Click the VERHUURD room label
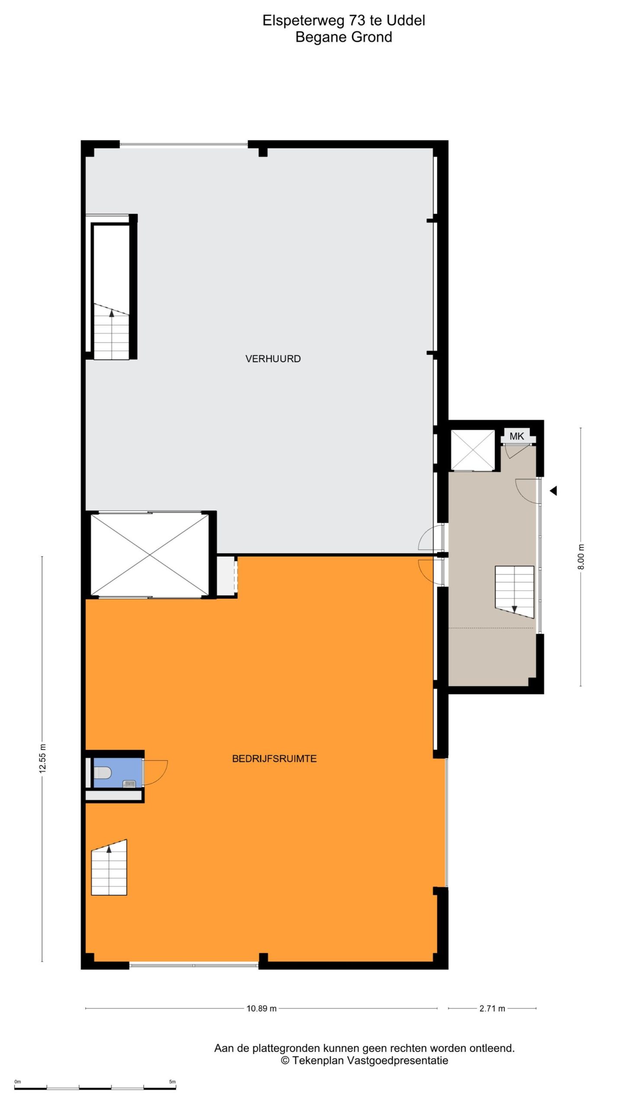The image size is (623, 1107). tap(273, 358)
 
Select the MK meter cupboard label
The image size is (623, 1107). tap(517, 436)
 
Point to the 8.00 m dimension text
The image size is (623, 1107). tap(581, 557)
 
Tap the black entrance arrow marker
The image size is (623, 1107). tap(553, 491)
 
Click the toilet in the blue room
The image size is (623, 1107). tap(103, 772)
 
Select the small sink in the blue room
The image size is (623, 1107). tap(129, 784)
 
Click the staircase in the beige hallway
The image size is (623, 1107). tap(514, 592)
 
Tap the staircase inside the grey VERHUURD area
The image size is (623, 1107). tap(112, 331)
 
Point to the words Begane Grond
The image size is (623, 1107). tap(344, 37)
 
